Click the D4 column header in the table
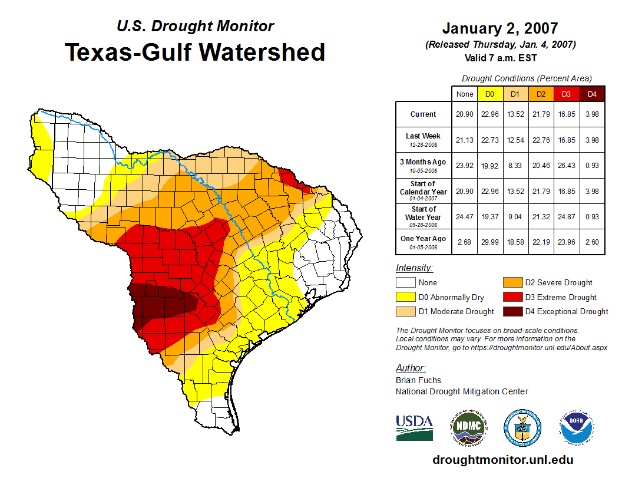tap(592, 94)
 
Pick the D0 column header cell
tap(489, 94)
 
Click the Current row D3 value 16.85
tap(566, 114)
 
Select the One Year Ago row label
tap(424, 241)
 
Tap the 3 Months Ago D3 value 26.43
tap(566, 165)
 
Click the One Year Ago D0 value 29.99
tap(489, 241)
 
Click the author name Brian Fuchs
tap(418, 380)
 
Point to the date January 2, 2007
tap(499, 28)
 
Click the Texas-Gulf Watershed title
tap(195, 52)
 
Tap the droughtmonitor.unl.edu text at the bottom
tap(502, 460)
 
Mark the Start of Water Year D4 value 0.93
tap(592, 216)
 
